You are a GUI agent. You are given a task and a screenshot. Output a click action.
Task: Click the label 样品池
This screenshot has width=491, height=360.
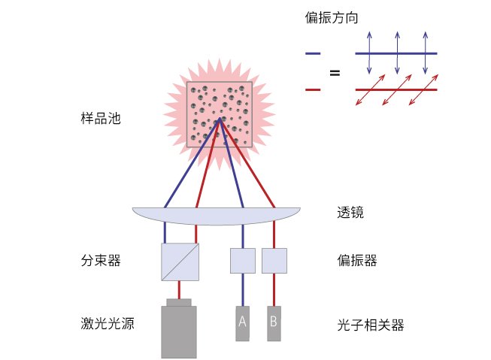tap(101, 119)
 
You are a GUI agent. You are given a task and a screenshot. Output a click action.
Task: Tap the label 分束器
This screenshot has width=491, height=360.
tap(101, 261)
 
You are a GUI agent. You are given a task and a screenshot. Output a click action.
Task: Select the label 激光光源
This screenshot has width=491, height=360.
tap(108, 323)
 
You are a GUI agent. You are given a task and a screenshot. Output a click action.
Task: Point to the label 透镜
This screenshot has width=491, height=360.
tap(350, 212)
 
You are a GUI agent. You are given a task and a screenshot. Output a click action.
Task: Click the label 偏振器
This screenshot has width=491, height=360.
tap(357, 261)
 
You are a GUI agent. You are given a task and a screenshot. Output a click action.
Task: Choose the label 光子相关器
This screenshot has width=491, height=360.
tap(371, 325)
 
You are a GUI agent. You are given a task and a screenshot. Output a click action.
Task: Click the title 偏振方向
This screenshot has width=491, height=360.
tap(332, 17)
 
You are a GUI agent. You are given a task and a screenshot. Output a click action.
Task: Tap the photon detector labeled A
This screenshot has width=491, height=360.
tap(242, 323)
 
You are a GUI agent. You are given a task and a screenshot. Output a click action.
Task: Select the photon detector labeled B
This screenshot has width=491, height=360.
tap(274, 323)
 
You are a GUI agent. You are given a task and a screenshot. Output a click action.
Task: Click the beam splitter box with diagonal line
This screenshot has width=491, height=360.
tap(180, 262)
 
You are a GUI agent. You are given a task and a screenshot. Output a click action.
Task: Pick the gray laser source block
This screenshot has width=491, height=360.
tap(179, 332)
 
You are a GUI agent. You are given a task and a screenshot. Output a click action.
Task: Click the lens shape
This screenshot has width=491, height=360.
tap(217, 216)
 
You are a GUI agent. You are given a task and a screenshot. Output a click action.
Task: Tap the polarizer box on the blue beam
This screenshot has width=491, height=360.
tap(243, 261)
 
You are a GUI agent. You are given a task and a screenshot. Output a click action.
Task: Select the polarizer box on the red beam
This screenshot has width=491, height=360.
tap(274, 261)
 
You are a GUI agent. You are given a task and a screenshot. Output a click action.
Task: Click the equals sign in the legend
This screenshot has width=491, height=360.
tap(335, 73)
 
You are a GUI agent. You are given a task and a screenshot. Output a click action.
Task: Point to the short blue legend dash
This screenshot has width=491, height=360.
tap(313, 53)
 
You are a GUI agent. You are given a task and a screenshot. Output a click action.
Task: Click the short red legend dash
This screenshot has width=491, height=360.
tap(313, 90)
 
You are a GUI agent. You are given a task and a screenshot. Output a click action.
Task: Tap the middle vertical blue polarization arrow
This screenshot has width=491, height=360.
tap(397, 53)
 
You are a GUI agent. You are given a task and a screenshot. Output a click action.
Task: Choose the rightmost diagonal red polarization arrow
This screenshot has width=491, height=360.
tap(423, 89)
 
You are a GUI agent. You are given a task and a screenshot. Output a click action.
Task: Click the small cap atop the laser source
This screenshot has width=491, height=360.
tap(179, 302)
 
